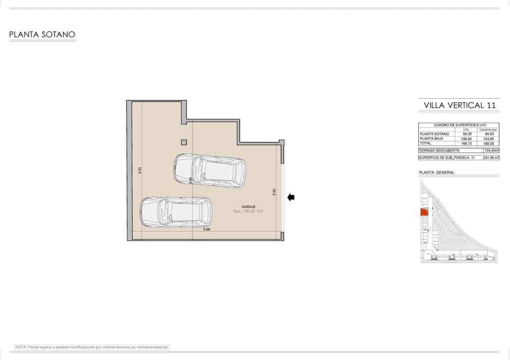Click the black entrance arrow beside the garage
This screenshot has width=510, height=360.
(x=291, y=197)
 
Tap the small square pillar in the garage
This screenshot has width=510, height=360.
(x=184, y=142)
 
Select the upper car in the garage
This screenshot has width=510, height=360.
(x=210, y=170)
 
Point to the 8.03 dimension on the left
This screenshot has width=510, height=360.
(x=139, y=170)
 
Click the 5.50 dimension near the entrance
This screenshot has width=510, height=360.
(x=274, y=192)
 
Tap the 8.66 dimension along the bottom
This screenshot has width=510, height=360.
(x=206, y=229)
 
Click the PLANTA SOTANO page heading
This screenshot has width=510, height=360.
(x=42, y=35)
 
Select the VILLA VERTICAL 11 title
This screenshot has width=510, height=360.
(x=459, y=106)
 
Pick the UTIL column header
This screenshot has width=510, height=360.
(x=467, y=129)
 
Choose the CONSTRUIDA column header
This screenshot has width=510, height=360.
(x=488, y=129)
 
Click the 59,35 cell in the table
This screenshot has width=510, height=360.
(x=467, y=134)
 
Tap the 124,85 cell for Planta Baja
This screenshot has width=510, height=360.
(x=488, y=139)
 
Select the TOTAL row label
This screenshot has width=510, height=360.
(x=426, y=143)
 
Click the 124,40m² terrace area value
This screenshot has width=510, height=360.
(x=491, y=151)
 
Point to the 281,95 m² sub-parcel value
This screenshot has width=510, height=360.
(x=491, y=158)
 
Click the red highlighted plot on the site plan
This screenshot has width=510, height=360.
(x=424, y=212)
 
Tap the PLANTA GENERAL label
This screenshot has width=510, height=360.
(x=437, y=172)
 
